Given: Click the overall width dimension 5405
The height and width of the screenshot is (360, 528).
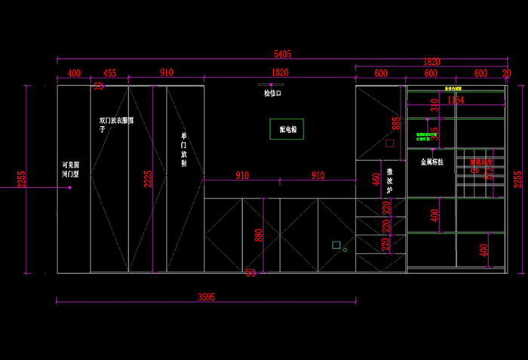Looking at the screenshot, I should click(282, 54).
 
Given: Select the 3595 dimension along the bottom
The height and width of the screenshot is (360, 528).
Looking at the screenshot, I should click(206, 297).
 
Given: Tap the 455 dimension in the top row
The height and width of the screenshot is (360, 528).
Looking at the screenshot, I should click(110, 72).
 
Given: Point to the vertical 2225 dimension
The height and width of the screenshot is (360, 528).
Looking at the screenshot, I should click(149, 178).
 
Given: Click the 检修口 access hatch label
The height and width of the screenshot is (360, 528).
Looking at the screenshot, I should click(272, 94).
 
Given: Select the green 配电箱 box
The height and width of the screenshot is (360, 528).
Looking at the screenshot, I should click(287, 129).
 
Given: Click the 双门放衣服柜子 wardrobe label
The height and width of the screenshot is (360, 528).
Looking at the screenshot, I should click(116, 124).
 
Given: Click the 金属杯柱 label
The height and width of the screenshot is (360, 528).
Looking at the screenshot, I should click(431, 162).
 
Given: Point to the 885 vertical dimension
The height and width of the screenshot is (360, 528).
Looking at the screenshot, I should click(394, 123).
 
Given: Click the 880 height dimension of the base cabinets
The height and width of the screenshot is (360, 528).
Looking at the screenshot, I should click(260, 235).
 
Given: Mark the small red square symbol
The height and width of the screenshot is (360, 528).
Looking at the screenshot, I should click(390, 142).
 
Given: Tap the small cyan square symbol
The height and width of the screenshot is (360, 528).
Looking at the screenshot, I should click(336, 245).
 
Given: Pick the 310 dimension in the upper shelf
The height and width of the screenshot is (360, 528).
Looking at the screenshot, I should click(434, 105).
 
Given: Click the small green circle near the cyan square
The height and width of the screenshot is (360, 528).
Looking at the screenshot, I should click(345, 250).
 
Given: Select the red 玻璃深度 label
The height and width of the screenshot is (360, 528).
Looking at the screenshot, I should click(481, 162).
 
